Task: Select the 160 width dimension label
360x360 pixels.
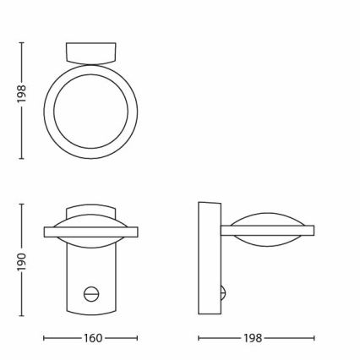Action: pos(92,338)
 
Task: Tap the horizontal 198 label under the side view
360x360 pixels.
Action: pos(255,338)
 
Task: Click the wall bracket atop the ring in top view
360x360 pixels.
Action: pos(90,52)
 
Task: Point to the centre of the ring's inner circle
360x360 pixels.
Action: pos(90,110)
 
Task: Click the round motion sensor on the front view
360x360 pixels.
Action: pos(90,292)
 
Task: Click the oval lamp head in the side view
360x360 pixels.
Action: pos(266,230)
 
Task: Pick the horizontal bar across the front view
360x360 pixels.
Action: pos(90,231)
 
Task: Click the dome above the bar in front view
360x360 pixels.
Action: pos(90,214)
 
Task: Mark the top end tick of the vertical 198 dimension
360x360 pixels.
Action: pos(22,41)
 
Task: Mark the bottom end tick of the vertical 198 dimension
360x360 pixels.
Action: pos(22,157)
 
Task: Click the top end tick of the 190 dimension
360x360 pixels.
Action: pos(22,202)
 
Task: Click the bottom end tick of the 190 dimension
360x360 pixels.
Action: pos(22,314)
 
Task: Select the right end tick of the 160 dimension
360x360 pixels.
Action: pos(138,338)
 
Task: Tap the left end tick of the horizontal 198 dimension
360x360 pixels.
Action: pos(198,338)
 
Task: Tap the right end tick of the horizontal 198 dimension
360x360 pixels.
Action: pos(314,338)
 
